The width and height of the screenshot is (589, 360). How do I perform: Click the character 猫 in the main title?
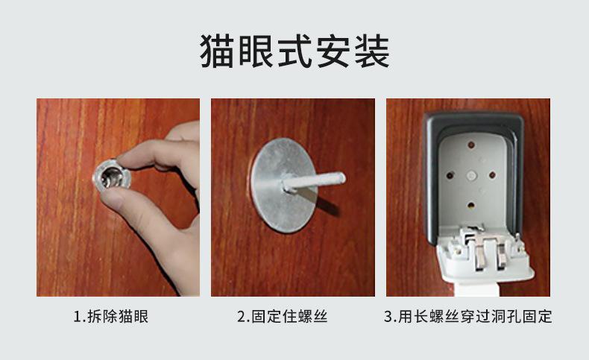click(217, 52)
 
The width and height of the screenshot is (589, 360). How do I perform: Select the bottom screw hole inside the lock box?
click(472, 202)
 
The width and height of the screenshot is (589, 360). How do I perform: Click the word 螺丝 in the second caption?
click(312, 317)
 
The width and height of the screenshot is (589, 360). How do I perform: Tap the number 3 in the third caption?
click(388, 317)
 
